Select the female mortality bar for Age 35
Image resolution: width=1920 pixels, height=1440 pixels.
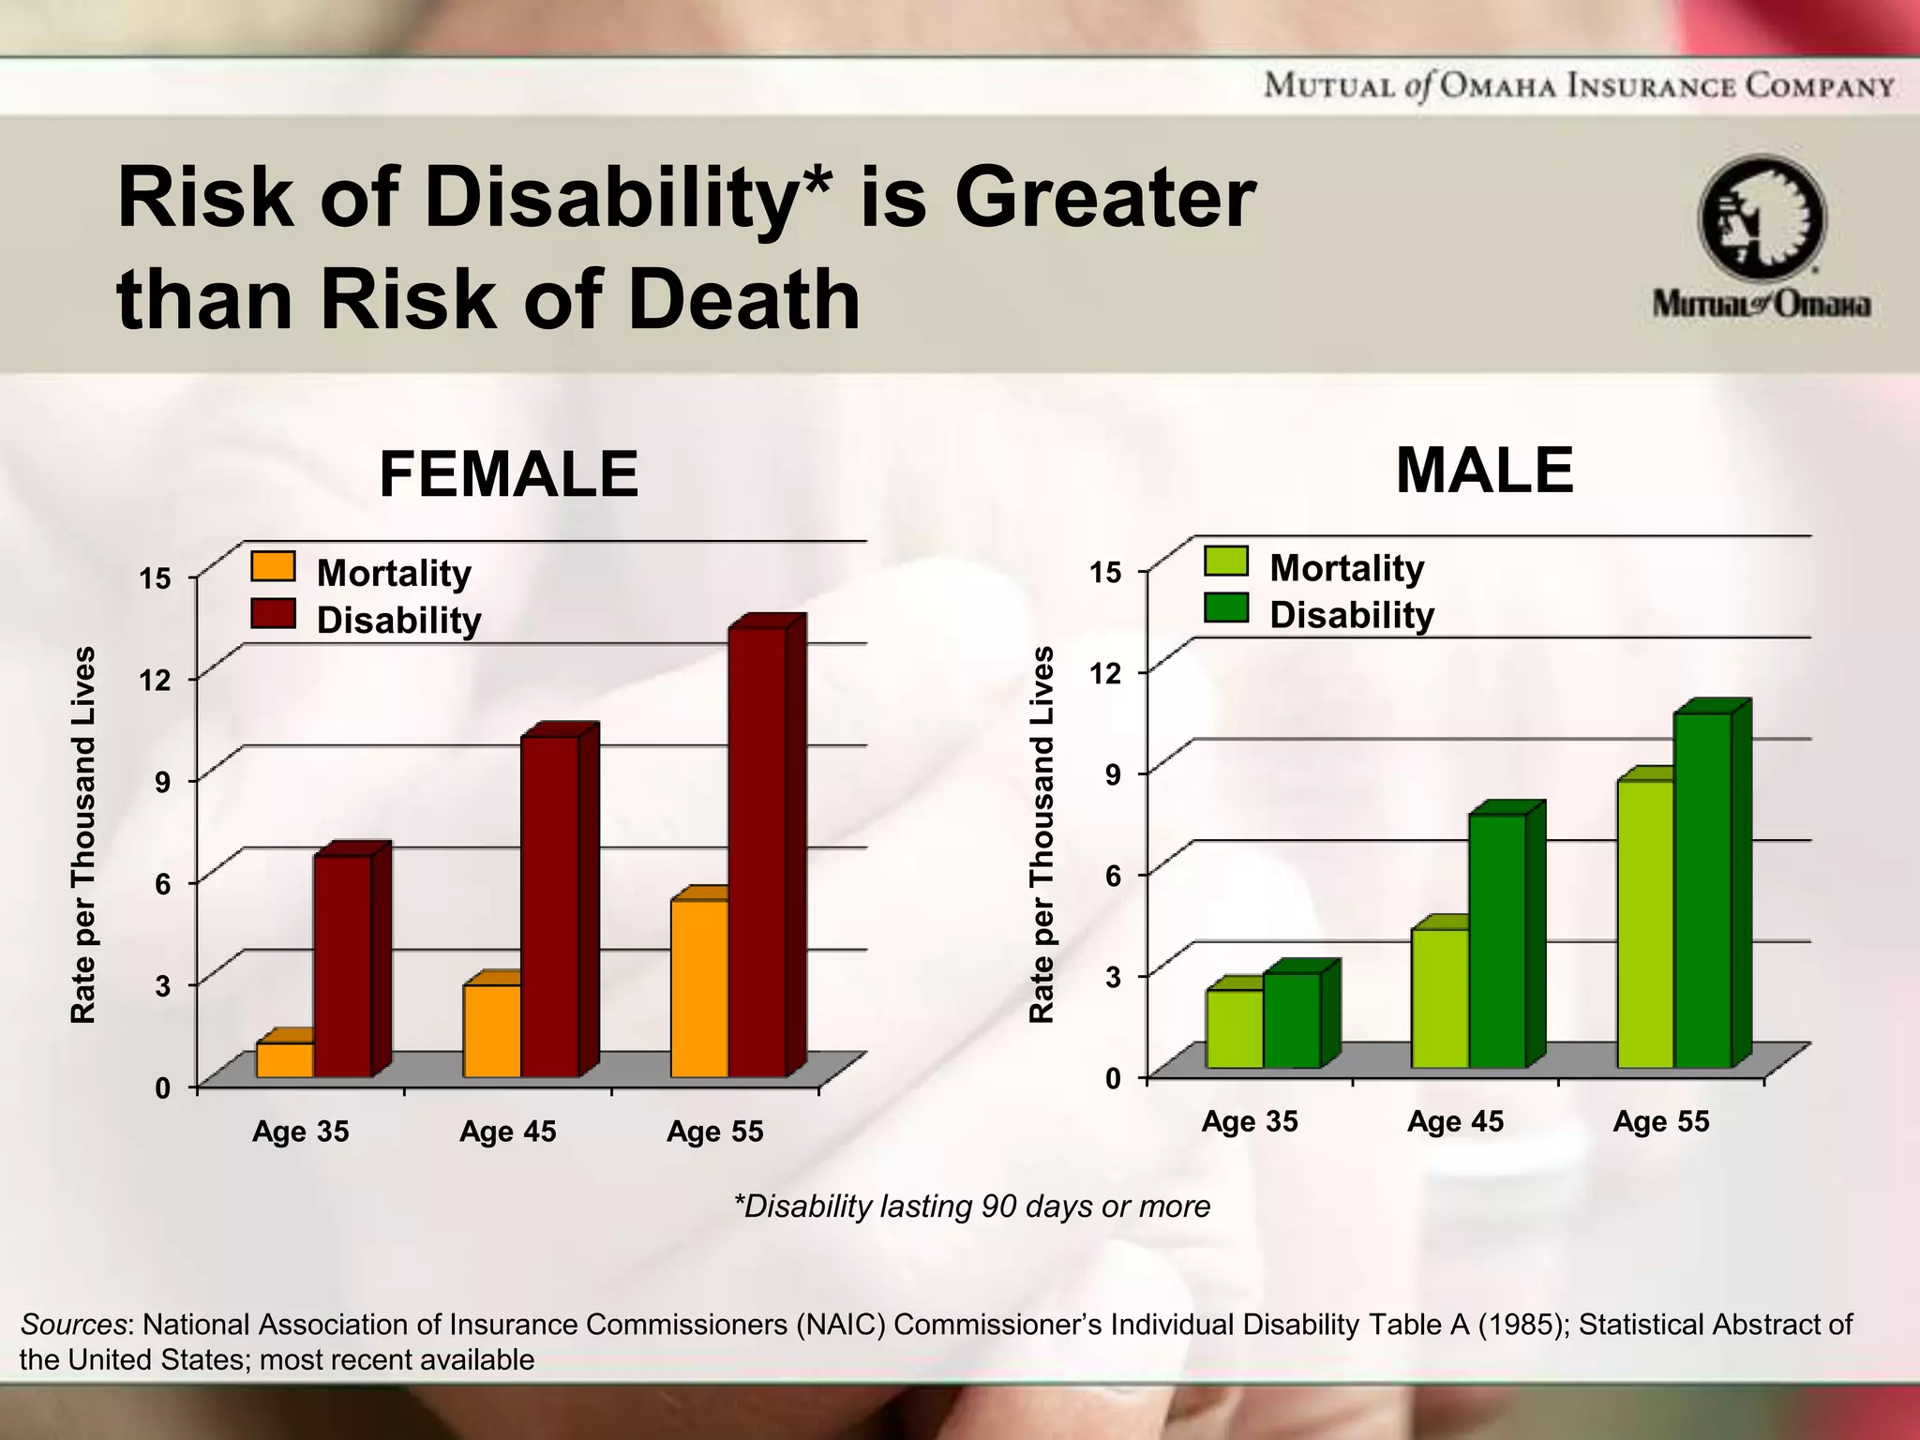[285, 1059]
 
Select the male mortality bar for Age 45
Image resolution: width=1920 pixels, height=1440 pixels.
[1440, 997]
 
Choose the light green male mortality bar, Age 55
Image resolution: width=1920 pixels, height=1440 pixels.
[1645, 922]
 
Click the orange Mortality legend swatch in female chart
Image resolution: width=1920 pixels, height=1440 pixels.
[273, 567]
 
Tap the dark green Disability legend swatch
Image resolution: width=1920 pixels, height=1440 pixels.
[1226, 608]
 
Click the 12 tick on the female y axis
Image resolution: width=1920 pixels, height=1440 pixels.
[156, 680]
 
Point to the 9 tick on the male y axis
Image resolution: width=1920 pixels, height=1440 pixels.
[1113, 774]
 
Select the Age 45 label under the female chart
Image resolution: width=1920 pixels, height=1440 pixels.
[507, 1132]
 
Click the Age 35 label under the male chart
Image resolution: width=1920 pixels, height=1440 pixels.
[1250, 1121]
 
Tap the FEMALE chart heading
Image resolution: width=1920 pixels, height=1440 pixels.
[508, 474]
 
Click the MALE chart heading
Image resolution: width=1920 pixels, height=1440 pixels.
[1484, 471]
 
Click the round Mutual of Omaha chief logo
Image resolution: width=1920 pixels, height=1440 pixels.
[1762, 218]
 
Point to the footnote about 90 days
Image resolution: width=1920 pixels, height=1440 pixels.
[972, 1206]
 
